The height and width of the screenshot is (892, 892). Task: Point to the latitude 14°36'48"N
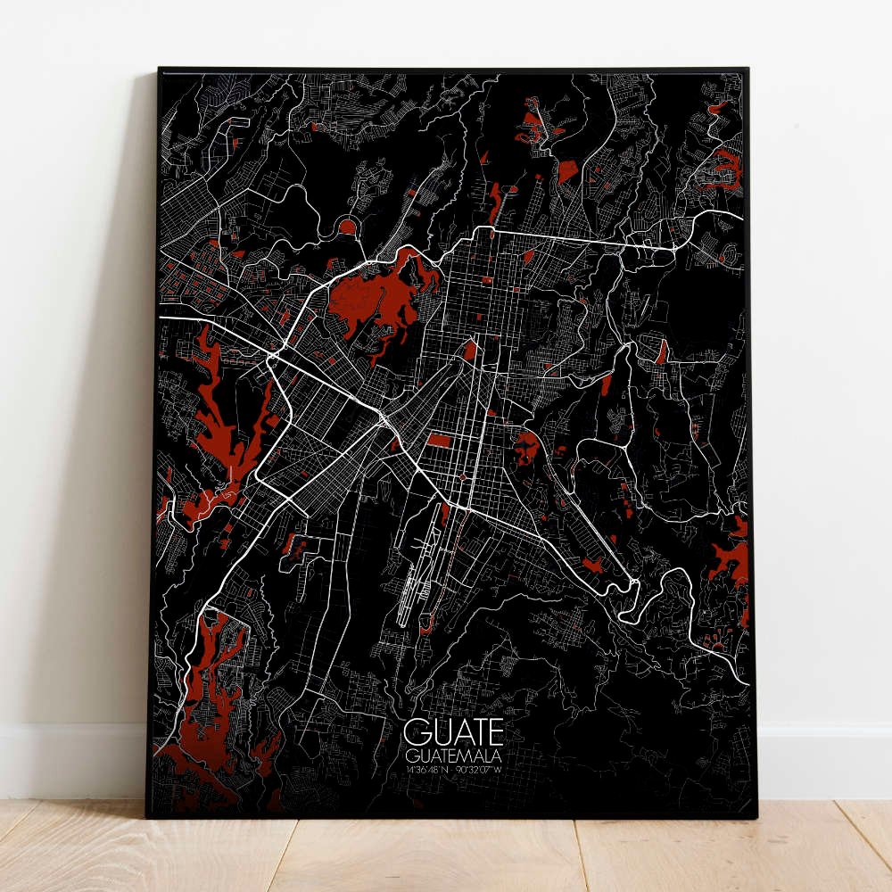coord(427,769)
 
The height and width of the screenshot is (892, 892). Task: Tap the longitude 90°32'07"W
coord(483,769)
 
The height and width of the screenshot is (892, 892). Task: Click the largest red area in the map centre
coord(379,299)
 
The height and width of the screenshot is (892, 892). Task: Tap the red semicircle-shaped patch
coord(347,228)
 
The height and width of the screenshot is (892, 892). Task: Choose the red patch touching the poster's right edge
coord(731,562)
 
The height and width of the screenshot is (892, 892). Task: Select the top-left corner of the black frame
coord(160,70)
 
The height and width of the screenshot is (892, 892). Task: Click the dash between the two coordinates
coord(456,769)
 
